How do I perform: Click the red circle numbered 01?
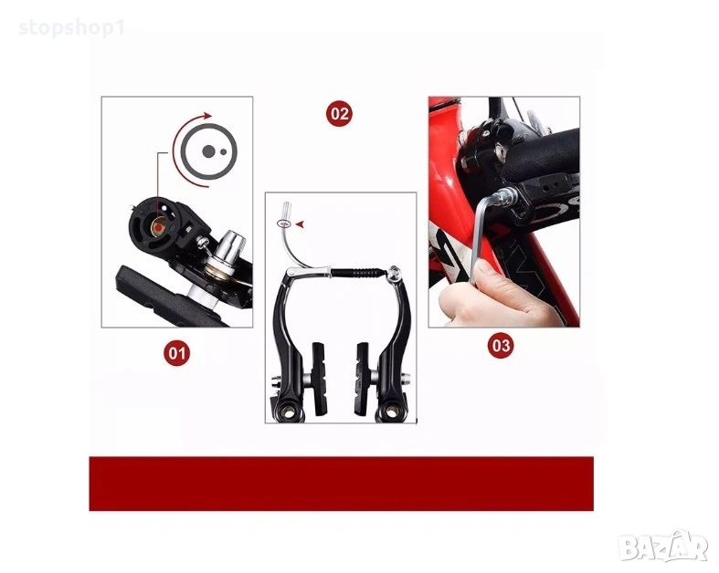click(177, 353)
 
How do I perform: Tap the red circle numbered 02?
click(339, 113)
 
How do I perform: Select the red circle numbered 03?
click(501, 345)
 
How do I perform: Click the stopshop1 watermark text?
click(72, 28)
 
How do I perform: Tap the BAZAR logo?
click(663, 547)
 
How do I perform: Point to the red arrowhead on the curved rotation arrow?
click(207, 116)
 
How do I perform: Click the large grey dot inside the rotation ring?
click(208, 151)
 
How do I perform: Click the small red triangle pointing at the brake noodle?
click(300, 224)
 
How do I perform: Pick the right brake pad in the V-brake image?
click(362, 379)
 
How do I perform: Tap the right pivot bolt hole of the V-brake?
click(391, 412)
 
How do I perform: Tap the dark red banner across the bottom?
click(341, 484)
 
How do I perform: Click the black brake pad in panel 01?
click(170, 297)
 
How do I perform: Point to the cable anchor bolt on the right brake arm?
click(394, 273)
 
